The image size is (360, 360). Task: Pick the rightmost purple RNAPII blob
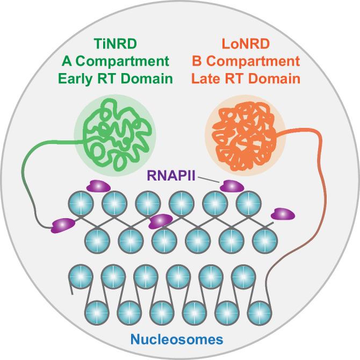click(x=283, y=214)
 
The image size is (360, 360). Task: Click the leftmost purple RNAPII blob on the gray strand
click(x=62, y=224)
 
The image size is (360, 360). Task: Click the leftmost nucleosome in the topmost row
click(x=81, y=203)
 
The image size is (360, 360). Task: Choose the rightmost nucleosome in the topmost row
click(x=248, y=203)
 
